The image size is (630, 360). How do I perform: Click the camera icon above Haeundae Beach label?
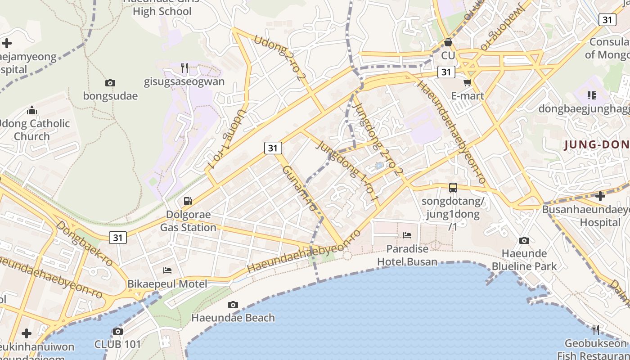pos(233,305)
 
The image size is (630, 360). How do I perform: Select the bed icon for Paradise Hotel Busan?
pos(407,235)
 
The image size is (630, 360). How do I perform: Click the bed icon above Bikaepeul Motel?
pos(167,270)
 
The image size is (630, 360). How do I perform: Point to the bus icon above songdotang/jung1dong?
pos(453,187)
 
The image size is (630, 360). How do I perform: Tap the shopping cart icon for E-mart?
pos(467,82)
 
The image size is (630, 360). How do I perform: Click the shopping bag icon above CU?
pos(448,42)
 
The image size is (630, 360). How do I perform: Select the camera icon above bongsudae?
pos(110,83)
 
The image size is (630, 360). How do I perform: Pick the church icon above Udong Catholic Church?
pos(32,110)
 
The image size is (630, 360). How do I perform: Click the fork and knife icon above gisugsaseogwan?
pos(184,68)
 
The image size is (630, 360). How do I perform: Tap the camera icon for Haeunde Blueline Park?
pos(524,240)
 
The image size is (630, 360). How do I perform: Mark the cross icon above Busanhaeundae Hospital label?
pos(600,196)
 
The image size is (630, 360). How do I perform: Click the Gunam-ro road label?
pos(300,189)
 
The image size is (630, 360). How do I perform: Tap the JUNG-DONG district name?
pos(596,144)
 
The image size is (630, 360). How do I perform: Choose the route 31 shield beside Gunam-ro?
pos(273,148)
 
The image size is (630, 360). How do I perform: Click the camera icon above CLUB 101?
pos(118,332)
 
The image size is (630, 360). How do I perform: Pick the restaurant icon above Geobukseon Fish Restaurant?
pos(596,330)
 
